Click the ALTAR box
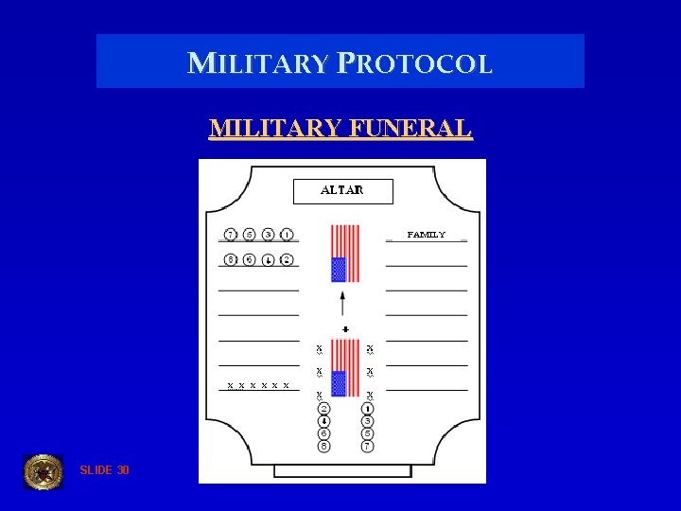[x=342, y=191]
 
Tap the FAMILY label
[x=426, y=234]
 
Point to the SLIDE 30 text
[x=105, y=470]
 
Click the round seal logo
[x=43, y=471]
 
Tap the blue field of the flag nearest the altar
[x=339, y=270]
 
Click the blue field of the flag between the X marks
[x=339, y=383]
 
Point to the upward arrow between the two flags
[x=342, y=303]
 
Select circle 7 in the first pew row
[x=231, y=234]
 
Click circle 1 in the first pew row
[x=287, y=234]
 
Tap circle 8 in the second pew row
[x=231, y=259]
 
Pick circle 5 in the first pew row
[x=250, y=234]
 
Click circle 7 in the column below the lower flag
[x=367, y=445]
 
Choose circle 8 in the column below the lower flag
[x=323, y=445]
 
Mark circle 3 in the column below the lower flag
[x=367, y=420]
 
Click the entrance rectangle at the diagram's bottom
[x=342, y=470]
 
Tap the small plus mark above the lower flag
[x=345, y=329]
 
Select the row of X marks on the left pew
[x=257, y=386]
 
